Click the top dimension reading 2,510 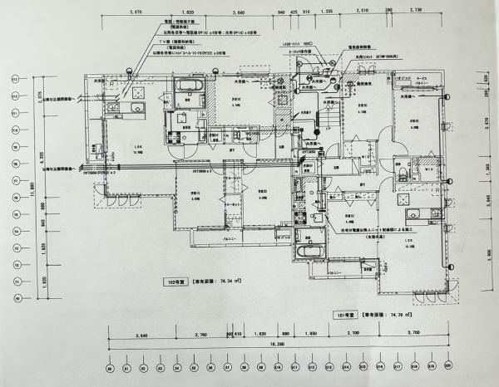point(362,14)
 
